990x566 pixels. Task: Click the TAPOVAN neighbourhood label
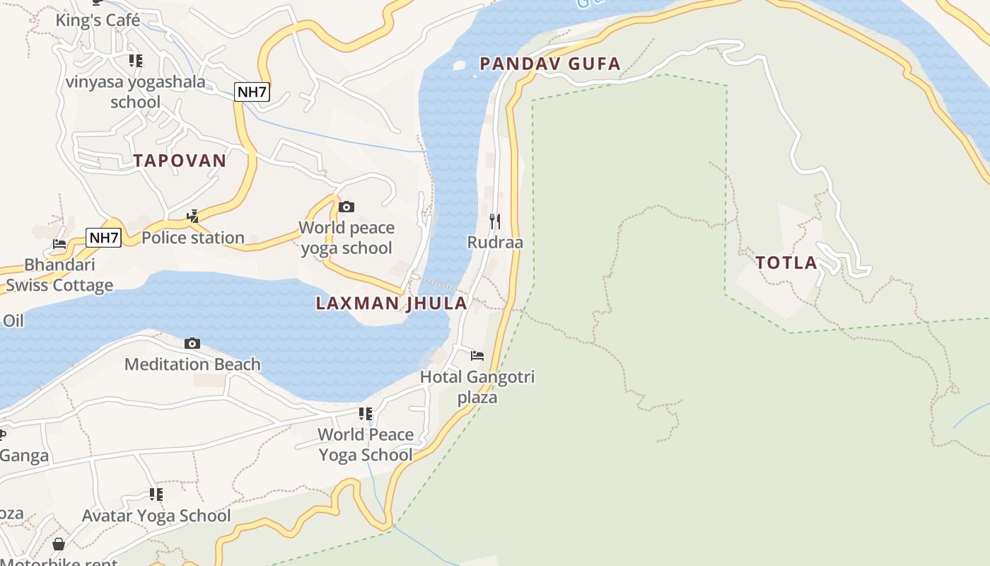pyautogui.click(x=180, y=161)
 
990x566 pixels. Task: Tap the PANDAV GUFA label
pyautogui.click(x=549, y=64)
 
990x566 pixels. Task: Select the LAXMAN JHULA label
pyautogui.click(x=391, y=304)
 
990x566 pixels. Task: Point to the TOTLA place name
pyautogui.click(x=786, y=263)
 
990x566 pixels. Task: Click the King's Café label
pyautogui.click(x=98, y=21)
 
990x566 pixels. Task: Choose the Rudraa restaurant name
pyautogui.click(x=495, y=243)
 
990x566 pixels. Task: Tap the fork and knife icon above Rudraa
pyautogui.click(x=495, y=221)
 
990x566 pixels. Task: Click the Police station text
pyautogui.click(x=193, y=238)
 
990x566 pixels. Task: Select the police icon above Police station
pyautogui.click(x=192, y=216)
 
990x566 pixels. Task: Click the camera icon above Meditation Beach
pyautogui.click(x=192, y=344)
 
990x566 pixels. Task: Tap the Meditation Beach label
pyautogui.click(x=192, y=364)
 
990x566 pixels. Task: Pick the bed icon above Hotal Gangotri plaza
pyautogui.click(x=477, y=355)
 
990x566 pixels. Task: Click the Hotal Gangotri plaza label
pyautogui.click(x=477, y=387)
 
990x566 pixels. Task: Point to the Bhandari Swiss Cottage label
pyautogui.click(x=59, y=275)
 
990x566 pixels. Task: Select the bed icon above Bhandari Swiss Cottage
pyautogui.click(x=59, y=244)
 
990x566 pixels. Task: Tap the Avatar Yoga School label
pyautogui.click(x=156, y=516)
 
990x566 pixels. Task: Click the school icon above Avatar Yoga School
pyautogui.click(x=156, y=495)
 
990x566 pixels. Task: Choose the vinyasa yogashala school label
pyautogui.click(x=136, y=92)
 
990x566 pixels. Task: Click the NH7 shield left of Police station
pyautogui.click(x=104, y=238)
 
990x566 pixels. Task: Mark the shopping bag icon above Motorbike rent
pyautogui.click(x=59, y=544)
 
